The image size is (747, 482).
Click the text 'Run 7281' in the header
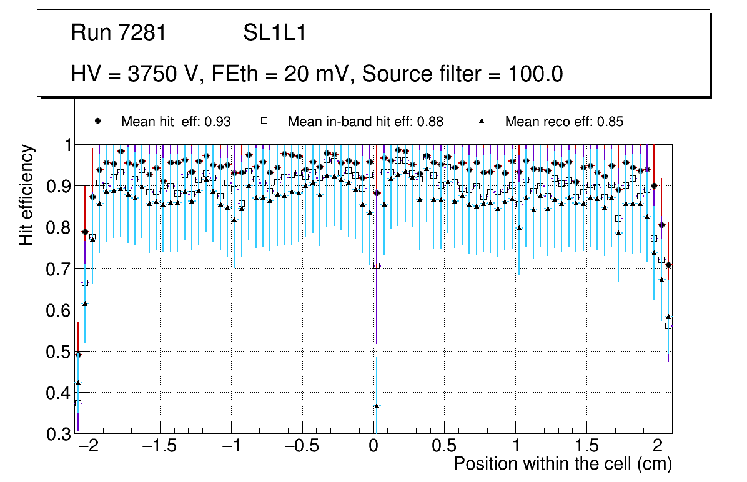(x=119, y=33)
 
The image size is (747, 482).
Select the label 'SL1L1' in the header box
(x=274, y=33)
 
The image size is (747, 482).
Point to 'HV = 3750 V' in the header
(x=134, y=74)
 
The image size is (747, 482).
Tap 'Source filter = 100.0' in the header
(x=463, y=74)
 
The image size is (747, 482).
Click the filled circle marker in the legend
(x=97, y=121)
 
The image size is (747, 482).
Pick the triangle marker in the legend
(x=482, y=121)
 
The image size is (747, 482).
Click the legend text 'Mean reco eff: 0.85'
(x=564, y=122)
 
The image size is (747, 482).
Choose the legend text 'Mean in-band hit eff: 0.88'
(x=365, y=122)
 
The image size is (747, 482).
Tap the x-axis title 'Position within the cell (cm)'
(x=562, y=464)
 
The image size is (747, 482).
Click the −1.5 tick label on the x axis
(x=160, y=447)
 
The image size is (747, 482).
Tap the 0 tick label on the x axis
(x=373, y=447)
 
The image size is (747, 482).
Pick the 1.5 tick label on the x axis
(x=586, y=447)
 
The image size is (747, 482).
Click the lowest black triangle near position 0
(x=377, y=406)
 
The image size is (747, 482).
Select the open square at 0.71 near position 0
(x=377, y=265)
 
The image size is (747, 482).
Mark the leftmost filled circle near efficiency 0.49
(x=78, y=355)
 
